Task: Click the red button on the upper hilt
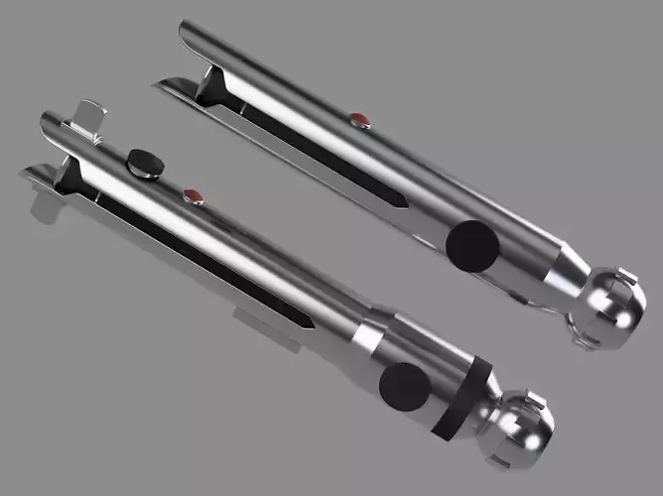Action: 359,121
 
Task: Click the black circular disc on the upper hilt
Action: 470,246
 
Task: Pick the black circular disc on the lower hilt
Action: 402,387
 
